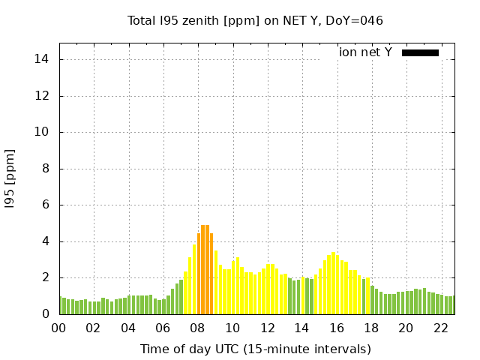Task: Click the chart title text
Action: pos(255,20)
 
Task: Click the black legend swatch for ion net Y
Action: pos(420,52)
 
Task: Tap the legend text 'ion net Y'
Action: pos(365,52)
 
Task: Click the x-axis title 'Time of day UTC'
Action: pos(255,349)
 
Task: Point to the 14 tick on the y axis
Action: pos(43,59)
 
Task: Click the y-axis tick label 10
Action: pos(43,132)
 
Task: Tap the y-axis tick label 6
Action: pos(46,205)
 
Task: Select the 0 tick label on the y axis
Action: pos(46,314)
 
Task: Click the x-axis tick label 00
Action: pos(58,328)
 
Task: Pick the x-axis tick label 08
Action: pos(197,328)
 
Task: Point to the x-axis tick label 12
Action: pos(267,328)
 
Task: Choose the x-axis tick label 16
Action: pos(336,328)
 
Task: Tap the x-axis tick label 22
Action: pos(440,328)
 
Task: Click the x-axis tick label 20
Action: pos(406,328)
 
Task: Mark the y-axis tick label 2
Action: pos(46,277)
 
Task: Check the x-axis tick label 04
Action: pos(128,328)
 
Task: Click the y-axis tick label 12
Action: pos(43,96)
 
